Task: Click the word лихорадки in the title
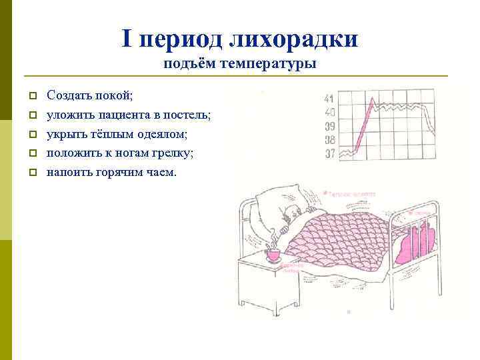click(x=294, y=39)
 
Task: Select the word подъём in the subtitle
click(x=187, y=65)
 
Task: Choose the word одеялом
click(x=147, y=133)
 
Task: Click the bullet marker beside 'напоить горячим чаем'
click(x=31, y=173)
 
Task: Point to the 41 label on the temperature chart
click(x=329, y=100)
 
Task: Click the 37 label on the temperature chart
click(x=329, y=154)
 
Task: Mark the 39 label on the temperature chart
click(x=329, y=127)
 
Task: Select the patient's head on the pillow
click(x=292, y=213)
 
